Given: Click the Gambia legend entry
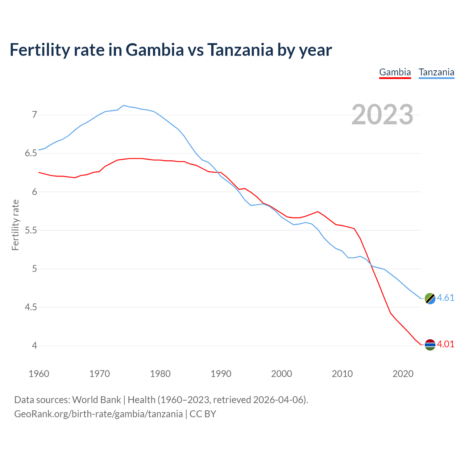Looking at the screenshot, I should click(395, 72).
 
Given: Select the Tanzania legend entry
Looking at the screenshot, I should click(436, 72).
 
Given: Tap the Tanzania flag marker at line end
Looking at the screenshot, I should click(430, 298).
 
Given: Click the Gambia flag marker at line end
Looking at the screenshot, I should click(430, 345).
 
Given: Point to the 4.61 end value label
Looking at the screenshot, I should click(446, 298).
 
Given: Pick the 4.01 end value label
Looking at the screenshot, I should click(446, 344).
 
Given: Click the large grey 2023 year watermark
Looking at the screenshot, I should click(382, 115).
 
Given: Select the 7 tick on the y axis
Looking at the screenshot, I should click(34, 115).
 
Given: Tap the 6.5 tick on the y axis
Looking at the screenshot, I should click(31, 153).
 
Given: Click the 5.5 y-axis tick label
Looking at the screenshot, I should click(31, 230).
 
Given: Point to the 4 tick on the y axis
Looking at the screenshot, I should click(34, 346).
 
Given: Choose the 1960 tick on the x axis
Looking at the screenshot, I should click(39, 374).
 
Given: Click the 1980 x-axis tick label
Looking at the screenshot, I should click(160, 374).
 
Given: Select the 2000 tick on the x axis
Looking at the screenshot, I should click(281, 374).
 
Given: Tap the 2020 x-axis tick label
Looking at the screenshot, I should click(403, 374).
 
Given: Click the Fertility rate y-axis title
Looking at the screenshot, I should click(15, 225).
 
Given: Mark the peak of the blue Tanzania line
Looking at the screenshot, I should click(124, 105).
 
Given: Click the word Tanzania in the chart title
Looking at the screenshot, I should click(240, 50).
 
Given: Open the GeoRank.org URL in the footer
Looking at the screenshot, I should click(98, 414).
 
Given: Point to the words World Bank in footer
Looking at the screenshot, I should click(96, 400).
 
